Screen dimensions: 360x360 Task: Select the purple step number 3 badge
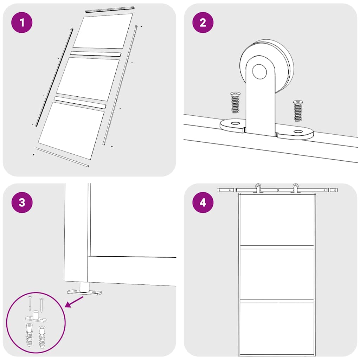point(22,202)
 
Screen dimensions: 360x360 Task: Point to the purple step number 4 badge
point(203,202)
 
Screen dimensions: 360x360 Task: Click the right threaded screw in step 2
point(298,110)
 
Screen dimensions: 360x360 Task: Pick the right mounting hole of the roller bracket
point(298,132)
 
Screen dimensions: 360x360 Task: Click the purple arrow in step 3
point(75,301)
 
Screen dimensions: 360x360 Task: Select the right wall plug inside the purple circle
point(42,336)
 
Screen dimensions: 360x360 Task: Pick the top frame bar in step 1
point(110,9)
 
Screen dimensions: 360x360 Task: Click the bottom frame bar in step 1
point(62,157)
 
